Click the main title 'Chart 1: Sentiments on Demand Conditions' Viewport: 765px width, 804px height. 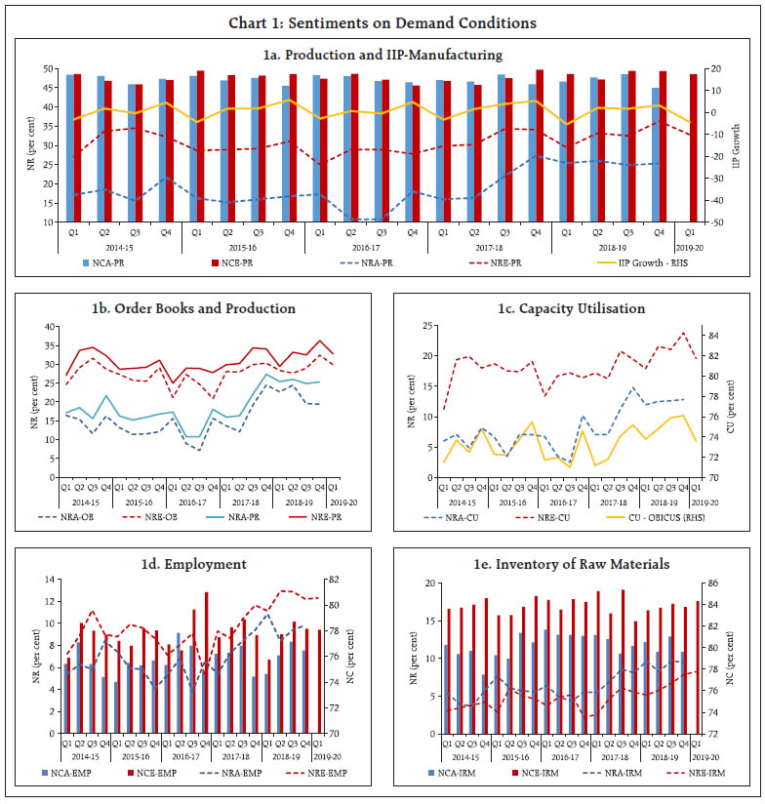(382, 22)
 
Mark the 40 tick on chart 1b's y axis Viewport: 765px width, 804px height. (49, 324)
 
